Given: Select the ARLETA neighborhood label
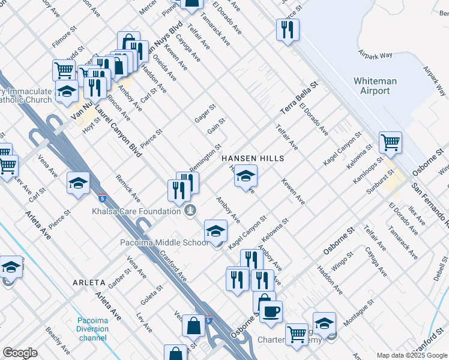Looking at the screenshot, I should [x=89, y=282].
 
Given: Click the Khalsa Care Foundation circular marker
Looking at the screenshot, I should [x=190, y=210].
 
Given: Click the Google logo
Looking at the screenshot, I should [x=20, y=353].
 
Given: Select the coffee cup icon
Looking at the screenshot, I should [x=271, y=311].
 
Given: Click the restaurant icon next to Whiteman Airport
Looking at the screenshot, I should [x=288, y=28].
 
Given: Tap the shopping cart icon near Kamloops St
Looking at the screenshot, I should [x=390, y=142].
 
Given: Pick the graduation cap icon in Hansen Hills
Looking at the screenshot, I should [x=245, y=176].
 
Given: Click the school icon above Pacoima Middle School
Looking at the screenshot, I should [x=215, y=230].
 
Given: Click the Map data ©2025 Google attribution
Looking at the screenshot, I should [x=411, y=355].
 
